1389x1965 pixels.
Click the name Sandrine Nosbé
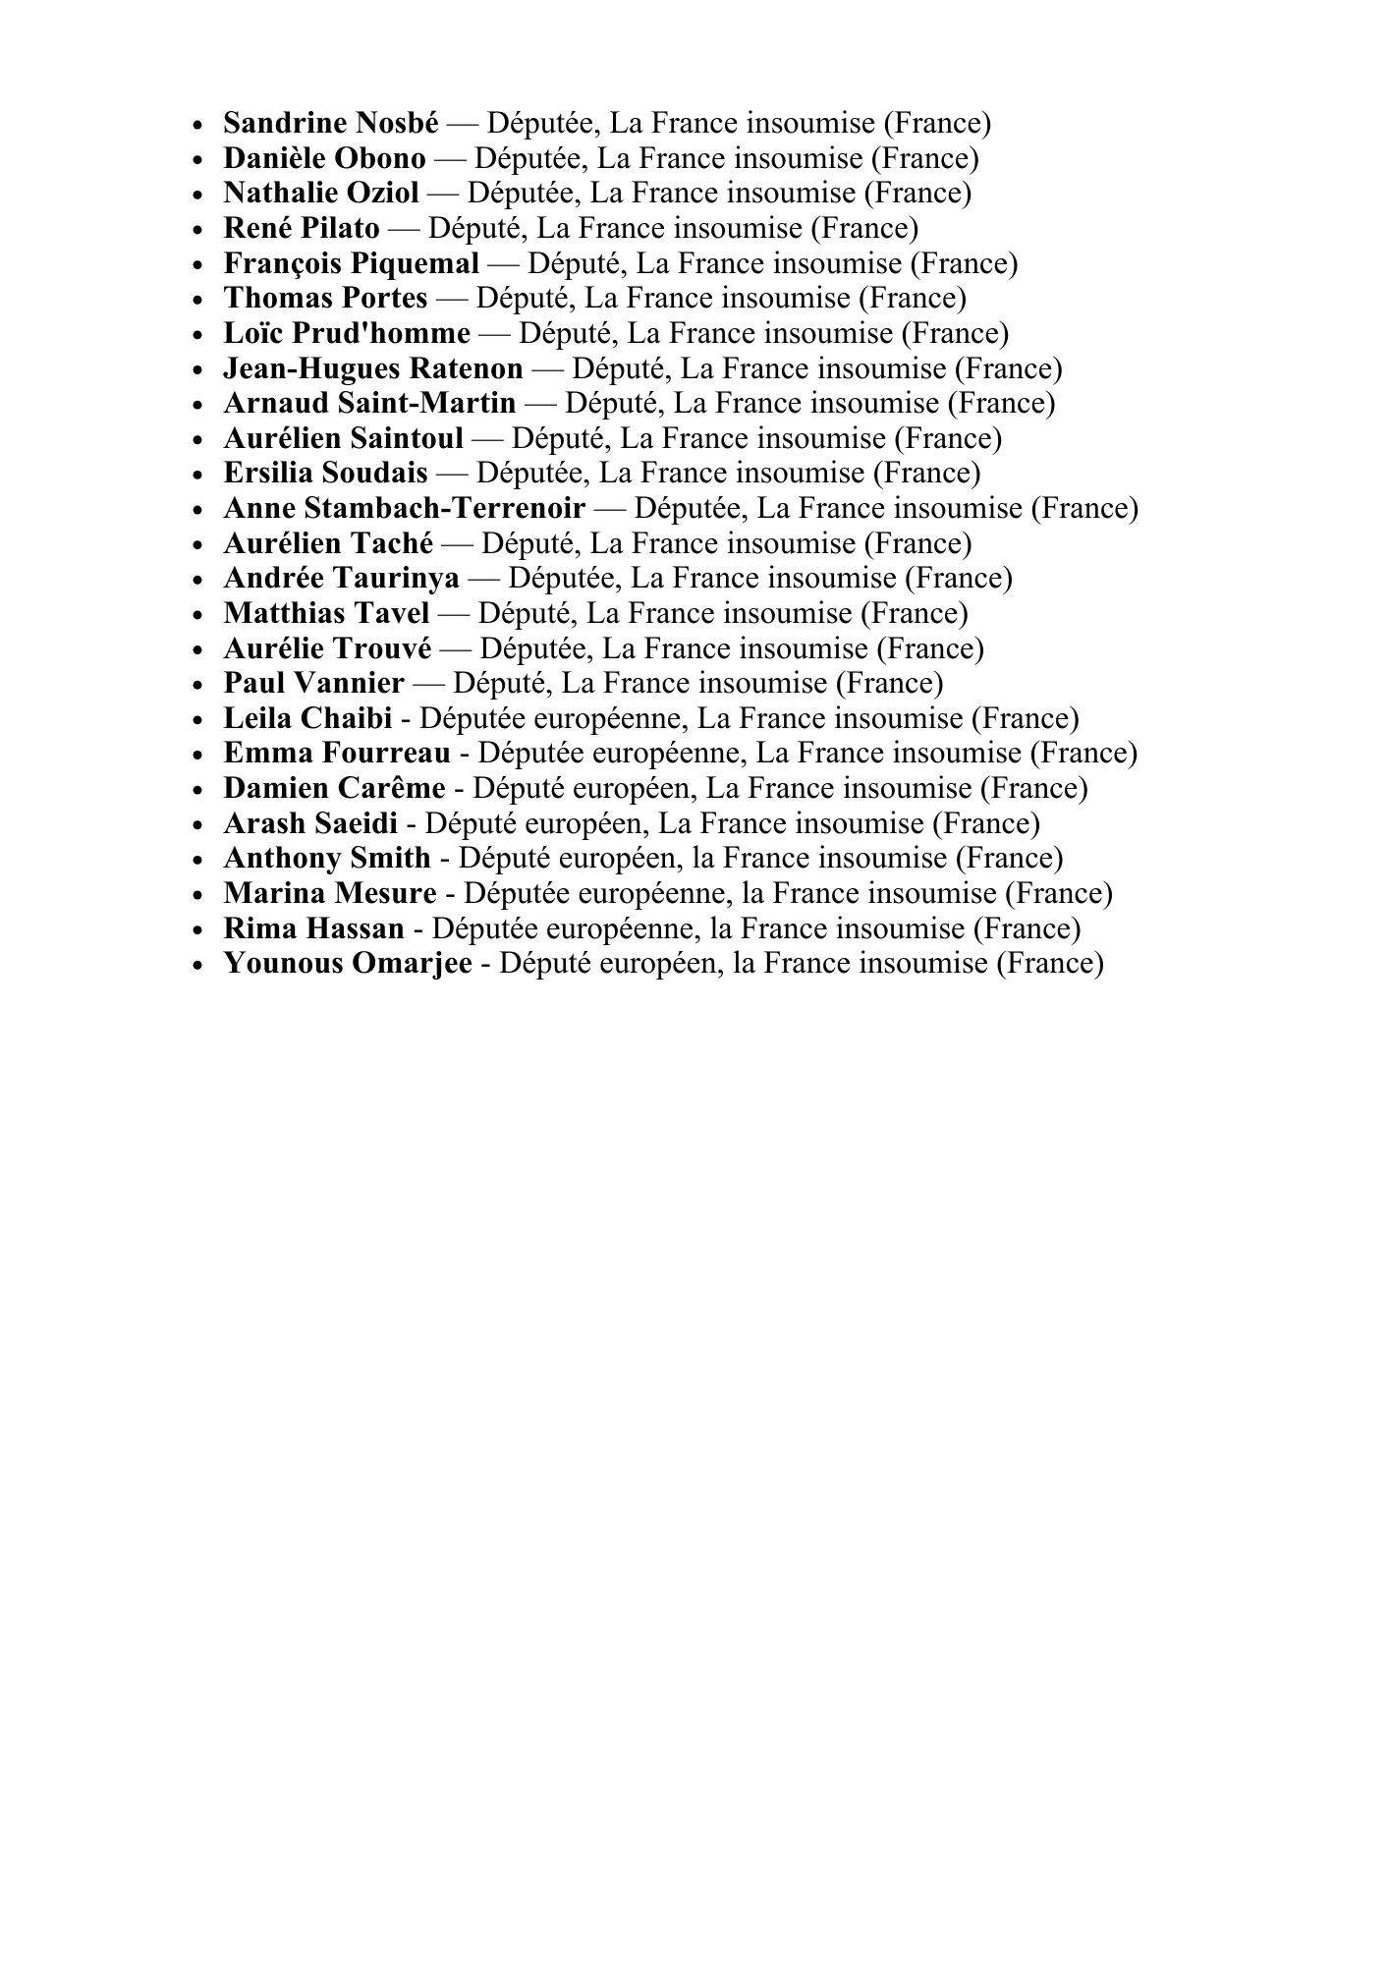point(331,124)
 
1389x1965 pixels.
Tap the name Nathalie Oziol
point(321,194)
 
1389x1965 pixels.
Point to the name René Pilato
point(302,229)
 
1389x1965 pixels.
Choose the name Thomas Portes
point(325,299)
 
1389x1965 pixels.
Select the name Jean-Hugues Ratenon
point(373,369)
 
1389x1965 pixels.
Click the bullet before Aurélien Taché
point(199,545)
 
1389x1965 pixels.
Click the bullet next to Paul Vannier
point(199,685)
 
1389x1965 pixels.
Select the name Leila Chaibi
point(307,719)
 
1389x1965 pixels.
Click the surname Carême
point(391,789)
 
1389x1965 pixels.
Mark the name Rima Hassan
point(313,929)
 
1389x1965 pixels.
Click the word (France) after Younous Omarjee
point(1049,964)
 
